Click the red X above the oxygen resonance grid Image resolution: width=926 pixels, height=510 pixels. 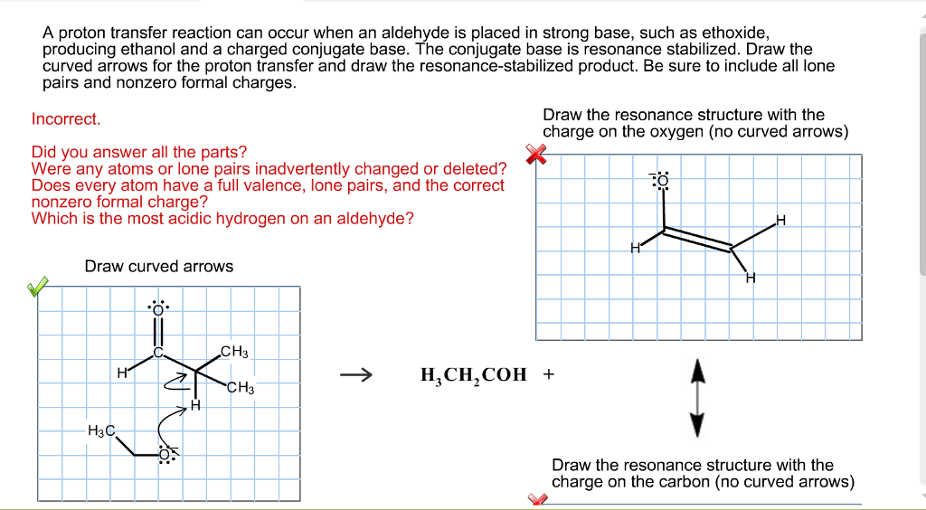[537, 155]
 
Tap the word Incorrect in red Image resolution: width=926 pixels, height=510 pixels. [66, 119]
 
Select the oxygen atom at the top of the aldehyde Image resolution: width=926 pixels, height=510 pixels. [158, 310]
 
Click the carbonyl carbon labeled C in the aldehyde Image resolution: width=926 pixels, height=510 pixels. [157, 353]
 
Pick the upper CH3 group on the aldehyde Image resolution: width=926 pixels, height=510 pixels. [234, 352]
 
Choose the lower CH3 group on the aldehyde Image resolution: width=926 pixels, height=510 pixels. [241, 388]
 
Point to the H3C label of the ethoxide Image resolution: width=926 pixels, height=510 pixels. [100, 430]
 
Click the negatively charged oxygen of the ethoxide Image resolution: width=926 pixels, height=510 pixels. [167, 454]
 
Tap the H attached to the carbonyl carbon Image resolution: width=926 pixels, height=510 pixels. [121, 372]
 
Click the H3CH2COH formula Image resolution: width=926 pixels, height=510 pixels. [473, 375]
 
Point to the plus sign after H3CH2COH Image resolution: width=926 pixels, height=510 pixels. [548, 373]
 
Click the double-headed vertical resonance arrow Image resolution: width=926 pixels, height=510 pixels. [695, 397]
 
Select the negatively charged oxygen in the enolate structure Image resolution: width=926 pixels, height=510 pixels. [664, 181]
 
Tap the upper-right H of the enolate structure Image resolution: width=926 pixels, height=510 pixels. [780, 221]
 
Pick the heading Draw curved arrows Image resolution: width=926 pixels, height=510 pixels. [158, 267]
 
